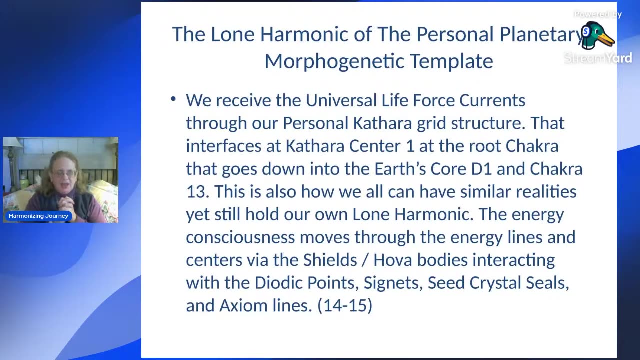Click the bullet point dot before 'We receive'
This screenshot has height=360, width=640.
tap(173, 99)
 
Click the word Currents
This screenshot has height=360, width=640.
tap(492, 100)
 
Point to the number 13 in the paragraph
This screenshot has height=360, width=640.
tap(197, 191)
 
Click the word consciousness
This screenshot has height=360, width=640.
tap(240, 237)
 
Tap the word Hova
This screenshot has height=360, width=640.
tap(393, 260)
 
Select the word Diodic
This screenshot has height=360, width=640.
tap(278, 283)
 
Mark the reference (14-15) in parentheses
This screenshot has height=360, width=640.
tap(345, 306)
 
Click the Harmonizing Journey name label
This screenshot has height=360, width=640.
tap(38, 216)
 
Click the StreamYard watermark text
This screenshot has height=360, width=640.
tap(598, 58)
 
